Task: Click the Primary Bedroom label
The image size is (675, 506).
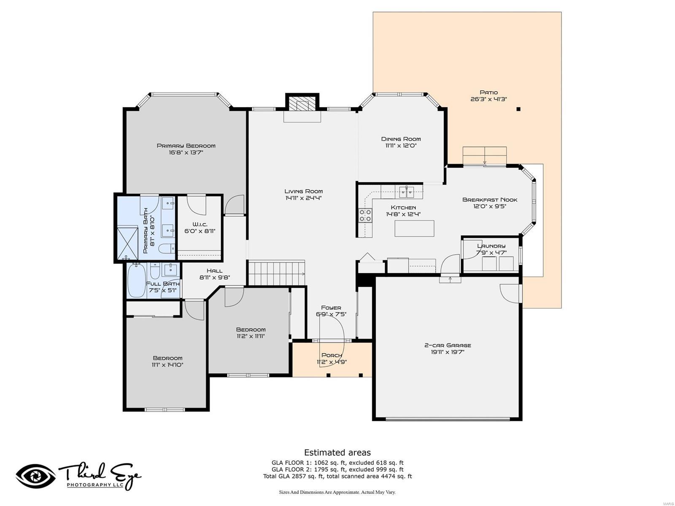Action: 186,146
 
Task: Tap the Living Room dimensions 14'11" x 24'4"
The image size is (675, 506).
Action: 303,198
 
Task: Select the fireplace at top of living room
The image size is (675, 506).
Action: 302,105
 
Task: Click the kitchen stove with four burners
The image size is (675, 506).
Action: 365,215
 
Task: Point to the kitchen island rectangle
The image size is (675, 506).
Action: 414,228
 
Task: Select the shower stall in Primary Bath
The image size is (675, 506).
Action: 127,243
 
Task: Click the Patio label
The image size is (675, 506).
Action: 489,92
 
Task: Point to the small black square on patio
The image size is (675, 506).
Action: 518,109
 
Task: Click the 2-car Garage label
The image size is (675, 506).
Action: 447,345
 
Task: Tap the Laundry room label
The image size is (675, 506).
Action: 491,246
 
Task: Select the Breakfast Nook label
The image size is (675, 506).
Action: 489,200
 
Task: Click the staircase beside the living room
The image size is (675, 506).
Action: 276,273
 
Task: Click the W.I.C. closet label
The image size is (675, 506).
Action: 200,224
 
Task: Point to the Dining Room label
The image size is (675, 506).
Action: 401,139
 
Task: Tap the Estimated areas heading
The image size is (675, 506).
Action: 337,452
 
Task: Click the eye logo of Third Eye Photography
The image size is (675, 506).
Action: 36,476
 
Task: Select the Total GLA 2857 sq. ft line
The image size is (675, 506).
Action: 337,476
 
